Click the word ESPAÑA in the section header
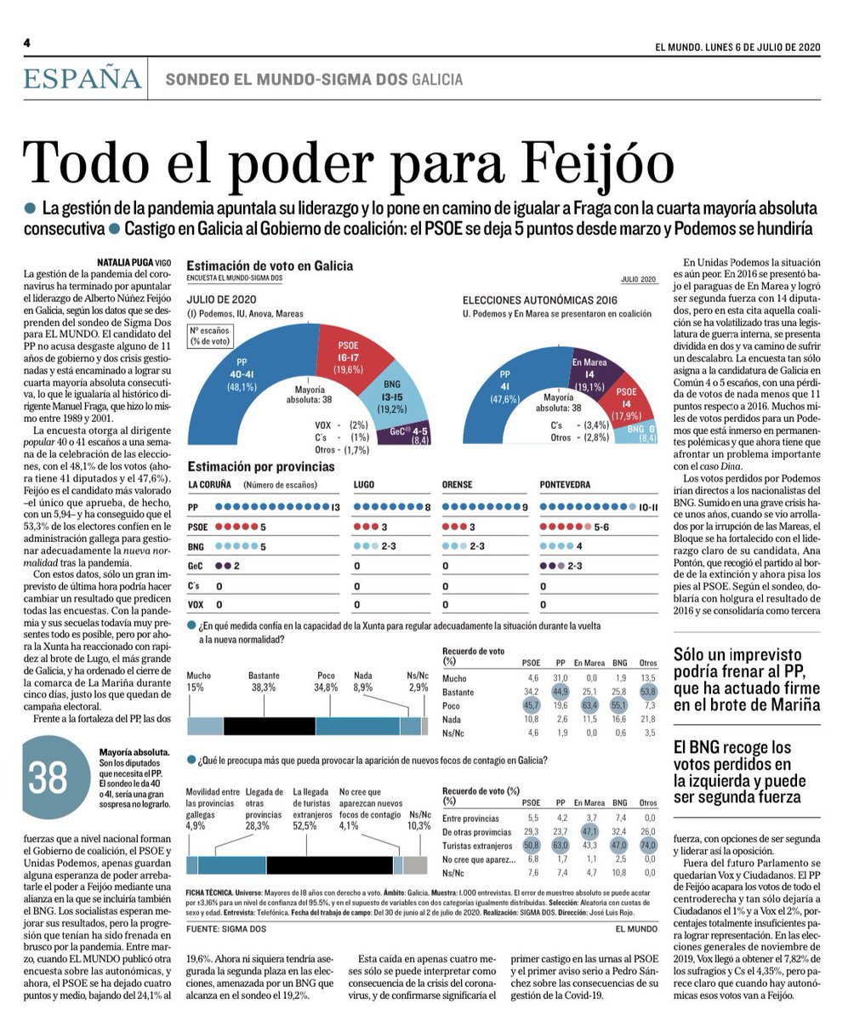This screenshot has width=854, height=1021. pyautogui.click(x=83, y=78)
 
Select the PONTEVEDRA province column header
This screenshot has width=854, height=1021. pyautogui.click(x=565, y=484)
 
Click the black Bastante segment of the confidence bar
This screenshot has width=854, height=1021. pyautogui.click(x=269, y=725)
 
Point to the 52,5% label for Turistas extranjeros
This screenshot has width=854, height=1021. pyautogui.click(x=310, y=825)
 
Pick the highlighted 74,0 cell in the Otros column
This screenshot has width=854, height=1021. pyautogui.click(x=648, y=845)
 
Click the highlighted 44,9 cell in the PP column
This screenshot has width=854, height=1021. pyautogui.click(x=560, y=692)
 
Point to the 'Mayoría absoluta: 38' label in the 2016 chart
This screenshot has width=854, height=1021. pyautogui.click(x=558, y=402)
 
